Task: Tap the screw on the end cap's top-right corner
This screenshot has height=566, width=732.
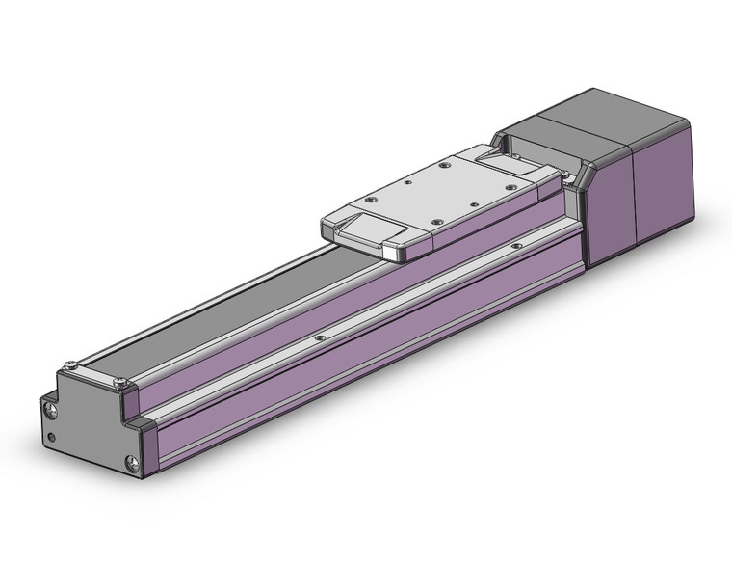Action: (119, 383)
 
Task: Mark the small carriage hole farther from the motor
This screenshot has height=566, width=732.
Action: (408, 179)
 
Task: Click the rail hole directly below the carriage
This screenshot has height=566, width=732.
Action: (517, 246)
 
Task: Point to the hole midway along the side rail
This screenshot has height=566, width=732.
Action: (320, 338)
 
